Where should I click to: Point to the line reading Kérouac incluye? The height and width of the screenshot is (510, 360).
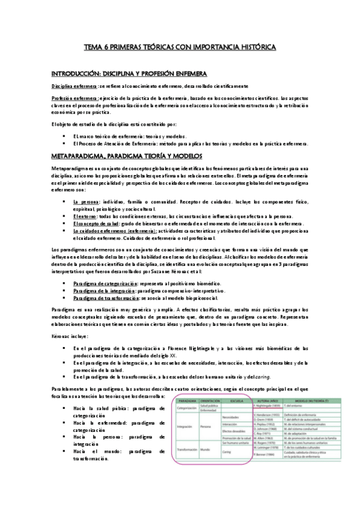coord(70,336)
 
